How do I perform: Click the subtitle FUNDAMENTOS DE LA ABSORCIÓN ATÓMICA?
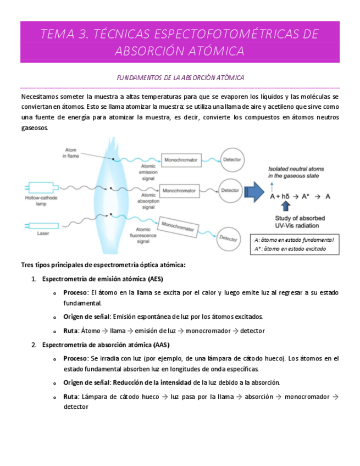180,78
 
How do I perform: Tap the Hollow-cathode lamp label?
41,200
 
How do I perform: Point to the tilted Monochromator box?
179,226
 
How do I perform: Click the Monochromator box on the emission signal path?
180,160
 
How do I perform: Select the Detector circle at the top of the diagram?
231,160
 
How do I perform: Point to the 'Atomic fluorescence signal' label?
143,235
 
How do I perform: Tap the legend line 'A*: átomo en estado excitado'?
290,249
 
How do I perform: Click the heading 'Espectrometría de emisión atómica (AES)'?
102,279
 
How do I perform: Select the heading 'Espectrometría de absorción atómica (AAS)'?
106,345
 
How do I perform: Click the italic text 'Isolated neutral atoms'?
296,168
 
